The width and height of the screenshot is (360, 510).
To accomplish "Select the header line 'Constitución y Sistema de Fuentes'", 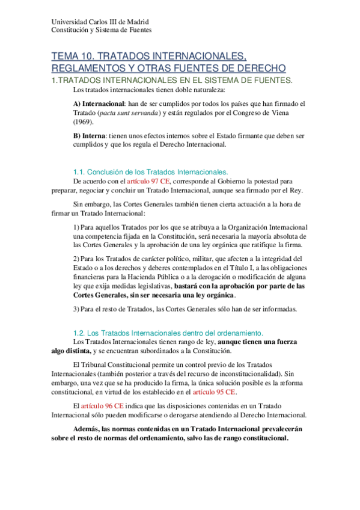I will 102,29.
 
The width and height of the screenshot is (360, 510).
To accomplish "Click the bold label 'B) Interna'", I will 88,137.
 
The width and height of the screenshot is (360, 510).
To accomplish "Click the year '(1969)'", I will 83,121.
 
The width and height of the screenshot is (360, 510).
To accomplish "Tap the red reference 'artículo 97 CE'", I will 148,181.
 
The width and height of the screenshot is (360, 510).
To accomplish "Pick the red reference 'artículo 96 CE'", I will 105,406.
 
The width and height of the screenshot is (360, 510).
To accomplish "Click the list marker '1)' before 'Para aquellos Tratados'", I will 76,227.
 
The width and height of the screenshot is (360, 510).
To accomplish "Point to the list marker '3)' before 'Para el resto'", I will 76,309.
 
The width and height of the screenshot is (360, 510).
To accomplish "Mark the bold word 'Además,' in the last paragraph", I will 89,429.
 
